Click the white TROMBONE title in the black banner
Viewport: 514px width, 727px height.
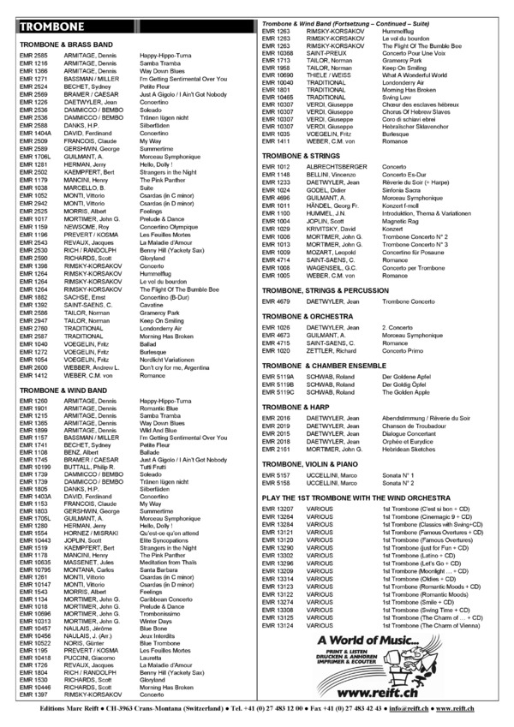tap(53, 26)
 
